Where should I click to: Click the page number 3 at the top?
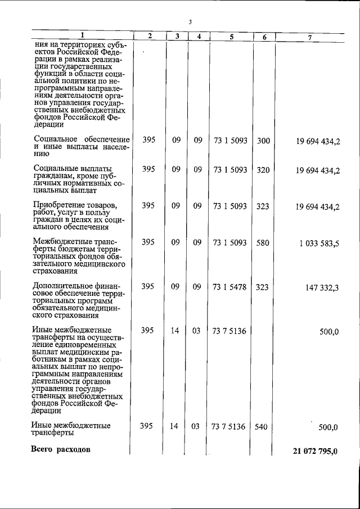pyautogui.click(x=191, y=22)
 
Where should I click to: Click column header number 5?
pyautogui.click(x=231, y=37)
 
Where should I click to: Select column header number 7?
pyautogui.click(x=310, y=37)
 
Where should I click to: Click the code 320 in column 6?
pyautogui.click(x=263, y=170)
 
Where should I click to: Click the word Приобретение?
pyautogui.click(x=61, y=204)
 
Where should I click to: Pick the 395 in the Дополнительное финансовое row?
pyautogui.click(x=148, y=287)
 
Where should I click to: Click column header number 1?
pyautogui.click(x=81, y=35)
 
